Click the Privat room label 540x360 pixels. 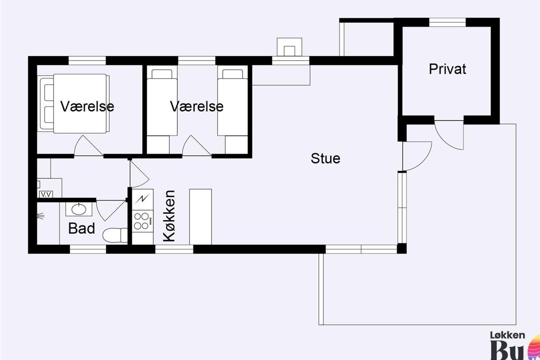tap(447, 69)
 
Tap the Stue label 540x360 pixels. tap(325, 158)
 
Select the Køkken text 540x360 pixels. tap(169, 216)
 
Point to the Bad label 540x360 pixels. tap(81, 228)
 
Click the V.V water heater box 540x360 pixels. tap(45, 194)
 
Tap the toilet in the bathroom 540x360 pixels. tap(114, 235)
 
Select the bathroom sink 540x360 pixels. tap(79, 209)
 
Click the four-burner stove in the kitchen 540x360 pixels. tap(141, 220)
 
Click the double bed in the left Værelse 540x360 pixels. tap(74, 103)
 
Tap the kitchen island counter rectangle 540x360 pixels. tap(200, 216)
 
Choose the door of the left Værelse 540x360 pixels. tap(89, 146)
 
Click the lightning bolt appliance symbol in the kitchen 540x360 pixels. tap(143, 198)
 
